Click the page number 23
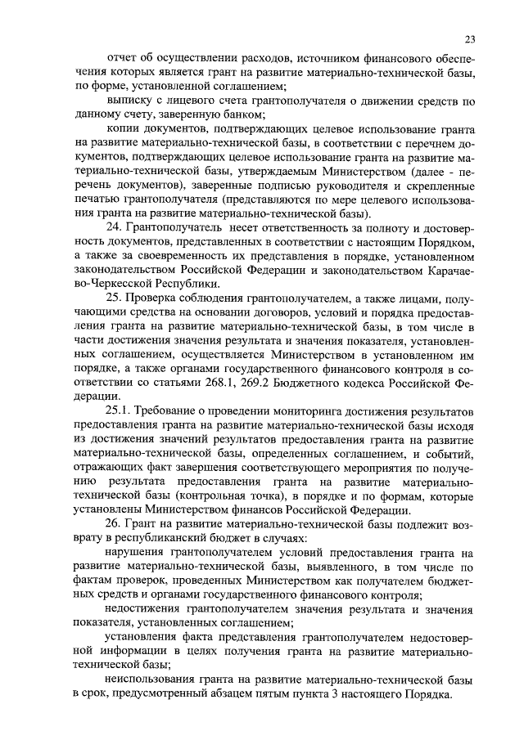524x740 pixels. pyautogui.click(x=469, y=38)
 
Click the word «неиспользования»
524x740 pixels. pyautogui.click(x=153, y=680)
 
